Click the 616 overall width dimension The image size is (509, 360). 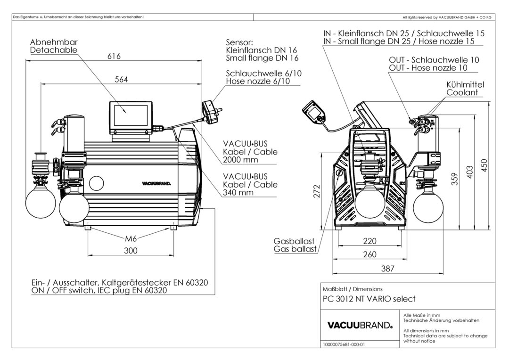[x=114, y=56]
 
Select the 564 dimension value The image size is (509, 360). [x=122, y=80]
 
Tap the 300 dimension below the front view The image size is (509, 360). [x=131, y=251]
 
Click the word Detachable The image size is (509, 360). [x=53, y=50]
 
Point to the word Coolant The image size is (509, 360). [x=462, y=93]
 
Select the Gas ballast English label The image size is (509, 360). [x=295, y=249]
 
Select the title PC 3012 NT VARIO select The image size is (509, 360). [x=369, y=299]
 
